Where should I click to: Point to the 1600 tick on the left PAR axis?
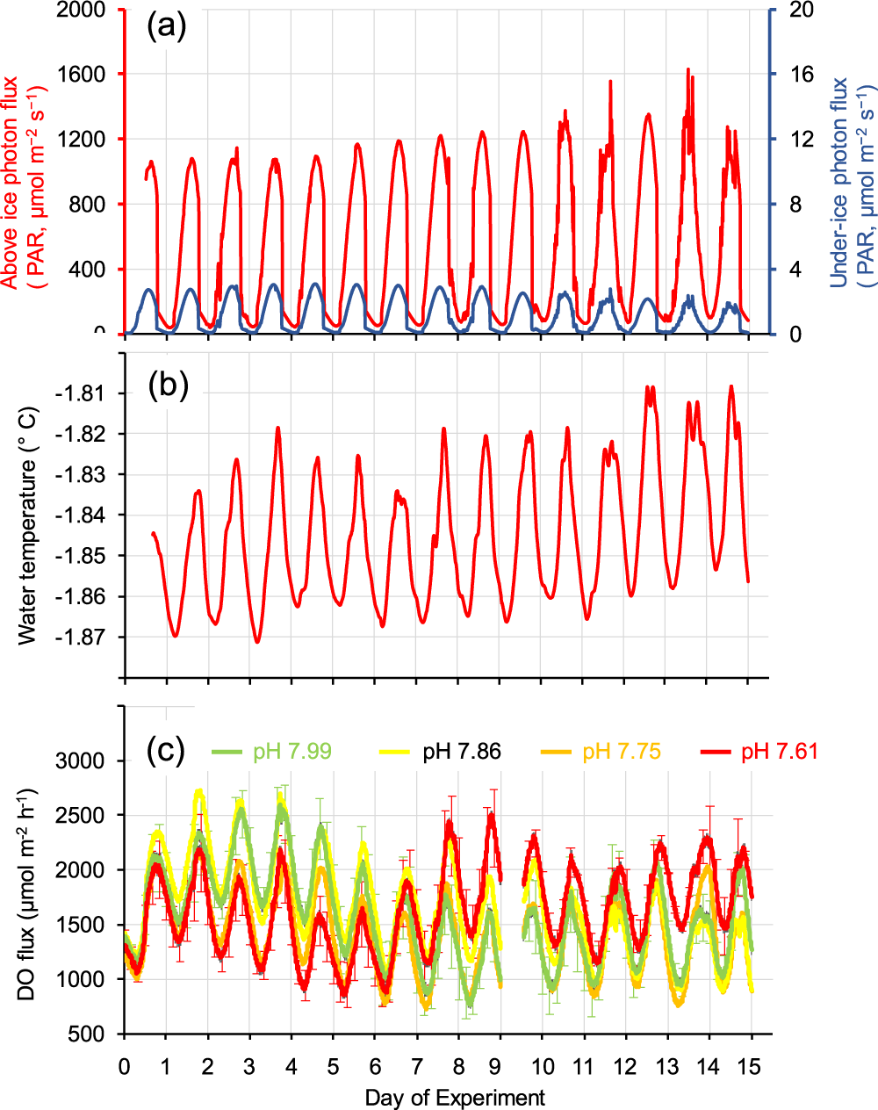[x=82, y=74]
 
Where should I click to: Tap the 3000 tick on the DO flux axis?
[x=81, y=760]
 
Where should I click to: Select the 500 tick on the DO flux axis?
[x=87, y=1034]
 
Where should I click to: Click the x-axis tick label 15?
[x=751, y=1066]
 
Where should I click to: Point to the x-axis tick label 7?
[x=416, y=1066]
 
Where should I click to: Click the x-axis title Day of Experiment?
[x=455, y=1098]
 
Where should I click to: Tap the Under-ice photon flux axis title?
[x=839, y=183]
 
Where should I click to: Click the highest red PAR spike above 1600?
[x=687, y=69]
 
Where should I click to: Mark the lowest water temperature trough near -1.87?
[x=257, y=642]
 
